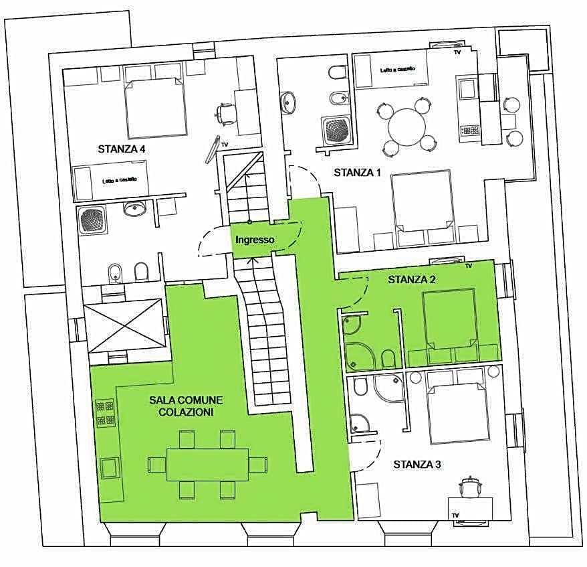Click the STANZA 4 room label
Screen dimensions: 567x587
(122, 149)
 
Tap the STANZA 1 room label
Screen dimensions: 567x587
(357, 173)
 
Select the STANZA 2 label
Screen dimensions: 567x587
(412, 279)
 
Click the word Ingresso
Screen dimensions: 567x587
(254, 240)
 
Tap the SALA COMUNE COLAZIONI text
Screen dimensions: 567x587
(185, 406)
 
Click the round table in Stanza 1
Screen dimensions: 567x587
(407, 127)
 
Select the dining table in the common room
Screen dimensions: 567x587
(207, 464)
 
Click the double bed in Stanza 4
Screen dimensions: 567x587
(156, 107)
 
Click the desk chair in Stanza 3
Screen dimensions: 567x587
(471, 485)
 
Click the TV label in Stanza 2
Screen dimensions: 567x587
(468, 266)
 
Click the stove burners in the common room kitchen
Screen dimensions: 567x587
(106, 412)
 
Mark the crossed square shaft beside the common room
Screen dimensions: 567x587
(124, 325)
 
